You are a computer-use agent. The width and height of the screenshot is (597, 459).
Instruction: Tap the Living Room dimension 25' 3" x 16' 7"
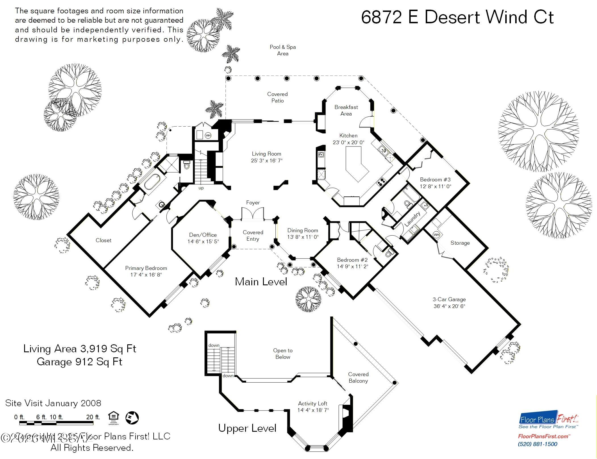point(266,161)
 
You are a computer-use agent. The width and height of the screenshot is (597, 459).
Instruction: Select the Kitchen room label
point(348,136)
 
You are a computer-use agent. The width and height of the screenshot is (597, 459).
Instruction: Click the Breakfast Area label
point(346,110)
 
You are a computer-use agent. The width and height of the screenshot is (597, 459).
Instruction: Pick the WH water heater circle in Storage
point(436,235)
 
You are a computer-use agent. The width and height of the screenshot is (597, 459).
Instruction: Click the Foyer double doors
point(252,214)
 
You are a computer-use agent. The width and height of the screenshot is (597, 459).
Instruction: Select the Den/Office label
point(203,235)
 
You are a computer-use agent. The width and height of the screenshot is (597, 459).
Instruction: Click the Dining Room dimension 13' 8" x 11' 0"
point(303,237)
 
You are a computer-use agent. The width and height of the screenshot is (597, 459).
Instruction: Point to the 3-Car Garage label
point(449,299)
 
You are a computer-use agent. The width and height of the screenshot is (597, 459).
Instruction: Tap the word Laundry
point(412,219)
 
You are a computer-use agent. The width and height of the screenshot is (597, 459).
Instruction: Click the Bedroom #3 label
point(435,180)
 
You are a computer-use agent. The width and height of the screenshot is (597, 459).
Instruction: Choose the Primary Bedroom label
point(146,268)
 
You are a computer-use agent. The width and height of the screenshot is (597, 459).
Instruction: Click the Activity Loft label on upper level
point(312,404)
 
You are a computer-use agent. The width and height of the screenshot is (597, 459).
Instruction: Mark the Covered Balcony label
point(358,378)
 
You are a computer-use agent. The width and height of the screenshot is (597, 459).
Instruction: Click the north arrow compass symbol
point(132,418)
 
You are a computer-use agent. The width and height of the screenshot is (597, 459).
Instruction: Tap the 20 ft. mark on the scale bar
point(93,417)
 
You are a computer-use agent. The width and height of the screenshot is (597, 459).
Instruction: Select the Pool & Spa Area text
point(283,50)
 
